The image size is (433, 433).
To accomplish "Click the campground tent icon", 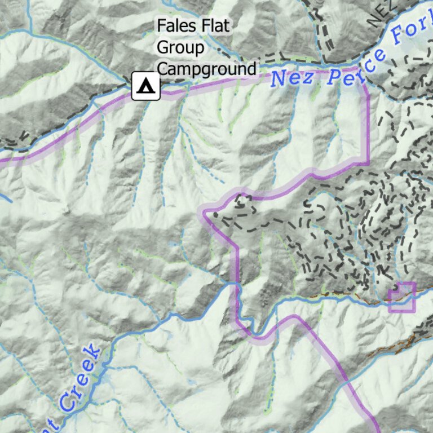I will (x=146, y=86).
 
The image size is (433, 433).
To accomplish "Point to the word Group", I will (x=180, y=48).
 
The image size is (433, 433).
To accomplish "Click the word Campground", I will (x=206, y=69).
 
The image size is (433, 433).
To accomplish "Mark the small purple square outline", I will (x=402, y=297).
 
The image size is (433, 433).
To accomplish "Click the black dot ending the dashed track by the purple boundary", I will (x=215, y=214).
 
